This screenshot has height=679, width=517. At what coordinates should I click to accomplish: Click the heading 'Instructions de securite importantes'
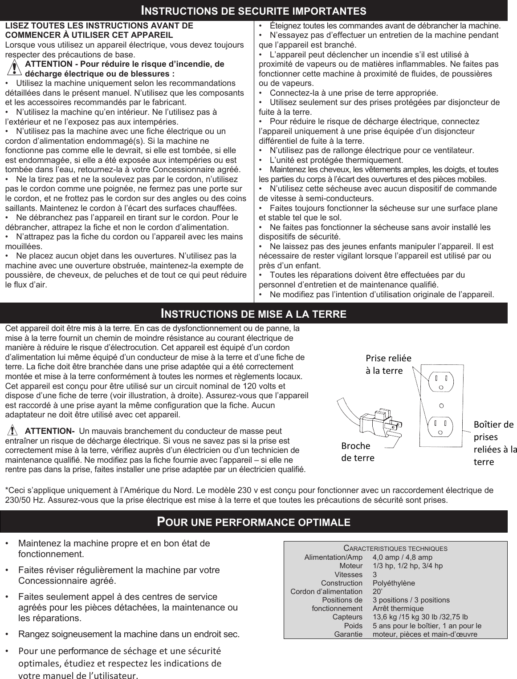click(x=253, y=10)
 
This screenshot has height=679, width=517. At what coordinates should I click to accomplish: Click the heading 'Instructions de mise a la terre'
click(x=253, y=314)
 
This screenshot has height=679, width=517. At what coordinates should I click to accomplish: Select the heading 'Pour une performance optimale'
click(x=253, y=521)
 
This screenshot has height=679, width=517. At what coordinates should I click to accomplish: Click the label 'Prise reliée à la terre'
click(x=388, y=364)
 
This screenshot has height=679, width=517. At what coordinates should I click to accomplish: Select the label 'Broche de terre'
click(x=358, y=452)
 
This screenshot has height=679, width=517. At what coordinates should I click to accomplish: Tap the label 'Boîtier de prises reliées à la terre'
click(x=494, y=443)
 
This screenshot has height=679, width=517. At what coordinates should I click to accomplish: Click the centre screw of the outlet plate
click(x=441, y=405)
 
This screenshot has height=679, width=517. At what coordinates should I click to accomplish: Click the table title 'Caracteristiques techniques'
click(x=395, y=549)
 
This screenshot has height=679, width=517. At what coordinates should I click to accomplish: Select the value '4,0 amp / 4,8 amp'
click(x=402, y=558)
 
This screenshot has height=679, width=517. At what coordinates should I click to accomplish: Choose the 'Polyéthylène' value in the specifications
click(x=393, y=583)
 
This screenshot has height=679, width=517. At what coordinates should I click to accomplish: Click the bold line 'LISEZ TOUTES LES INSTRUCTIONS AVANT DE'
click(x=99, y=25)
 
